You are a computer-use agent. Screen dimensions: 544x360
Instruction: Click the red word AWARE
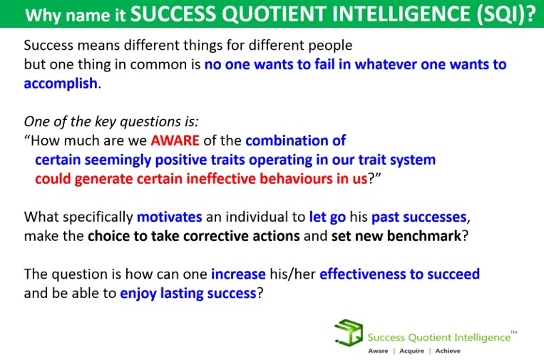pyautogui.click(x=175, y=140)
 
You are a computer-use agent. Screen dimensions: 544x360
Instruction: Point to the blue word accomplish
pyautogui.click(x=61, y=84)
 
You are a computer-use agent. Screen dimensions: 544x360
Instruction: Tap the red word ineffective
pyautogui.click(x=221, y=179)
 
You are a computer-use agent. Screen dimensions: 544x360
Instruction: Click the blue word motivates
pyautogui.click(x=169, y=217)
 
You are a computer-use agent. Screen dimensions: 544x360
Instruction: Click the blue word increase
pyautogui.click(x=238, y=274)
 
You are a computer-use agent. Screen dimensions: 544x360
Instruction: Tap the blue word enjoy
pyautogui.click(x=138, y=294)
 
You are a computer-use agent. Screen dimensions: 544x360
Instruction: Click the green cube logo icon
pyautogui.click(x=349, y=333)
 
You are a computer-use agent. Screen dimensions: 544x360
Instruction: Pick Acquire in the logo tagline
pyautogui.click(x=412, y=351)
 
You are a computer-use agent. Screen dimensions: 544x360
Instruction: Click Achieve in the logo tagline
pyautogui.click(x=448, y=351)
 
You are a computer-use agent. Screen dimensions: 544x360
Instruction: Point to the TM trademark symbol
pyautogui.click(x=514, y=332)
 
